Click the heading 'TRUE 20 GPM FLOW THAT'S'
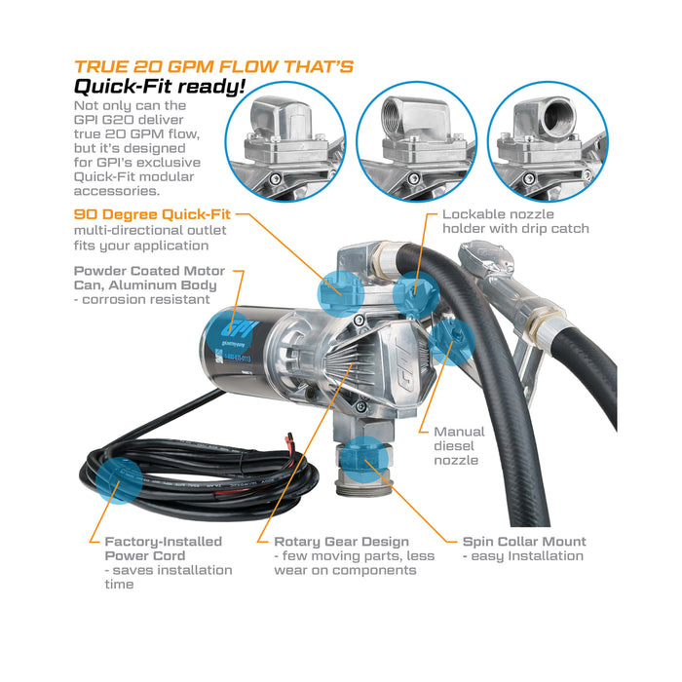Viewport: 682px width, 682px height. click(x=213, y=67)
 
